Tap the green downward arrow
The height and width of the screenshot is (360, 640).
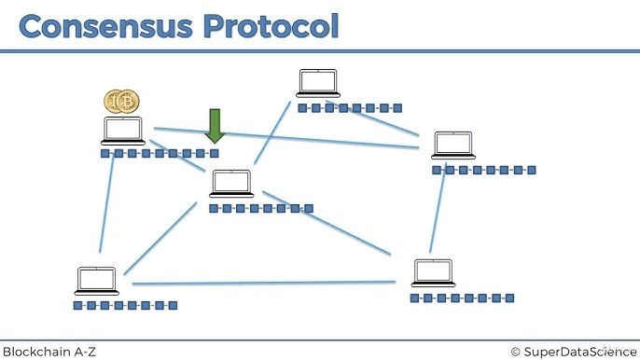(x=216, y=125)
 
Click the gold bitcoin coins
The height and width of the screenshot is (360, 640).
(x=121, y=101)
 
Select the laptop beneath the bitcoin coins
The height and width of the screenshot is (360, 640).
(x=123, y=131)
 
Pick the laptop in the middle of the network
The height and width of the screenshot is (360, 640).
(x=231, y=184)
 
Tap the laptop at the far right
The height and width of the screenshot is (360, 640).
(x=453, y=145)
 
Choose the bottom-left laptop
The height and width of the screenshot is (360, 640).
(x=97, y=281)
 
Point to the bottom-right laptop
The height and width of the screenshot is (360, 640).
(x=434, y=272)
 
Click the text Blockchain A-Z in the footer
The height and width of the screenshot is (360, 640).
(x=49, y=351)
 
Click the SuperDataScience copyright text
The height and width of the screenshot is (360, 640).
(x=580, y=351)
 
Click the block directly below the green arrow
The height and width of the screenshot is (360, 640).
(x=215, y=153)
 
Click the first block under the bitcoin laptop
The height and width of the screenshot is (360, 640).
(x=104, y=153)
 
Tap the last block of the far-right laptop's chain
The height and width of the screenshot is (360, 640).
(x=532, y=170)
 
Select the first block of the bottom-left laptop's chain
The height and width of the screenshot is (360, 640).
(x=77, y=305)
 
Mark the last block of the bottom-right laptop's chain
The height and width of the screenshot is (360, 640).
(x=509, y=298)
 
